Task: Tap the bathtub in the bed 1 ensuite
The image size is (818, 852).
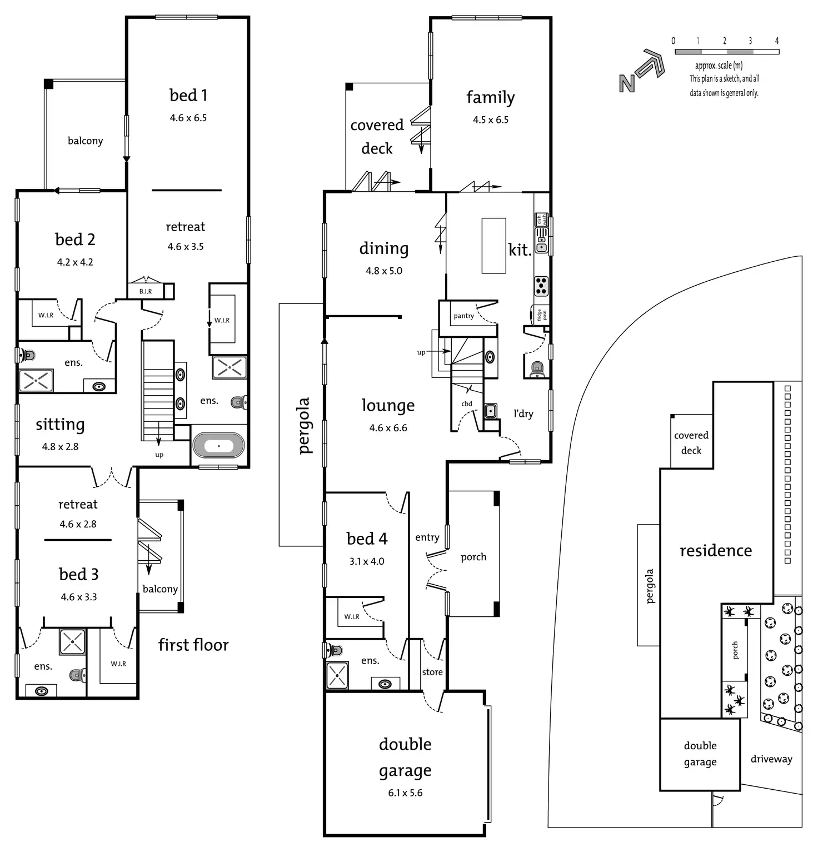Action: pyautogui.click(x=218, y=446)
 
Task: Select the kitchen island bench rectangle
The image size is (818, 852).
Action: pyautogui.click(x=493, y=246)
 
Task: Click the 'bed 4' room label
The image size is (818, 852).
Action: pyautogui.click(x=367, y=539)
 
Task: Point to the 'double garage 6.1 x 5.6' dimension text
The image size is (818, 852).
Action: pyautogui.click(x=405, y=793)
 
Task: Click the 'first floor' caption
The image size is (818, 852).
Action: pyautogui.click(x=193, y=645)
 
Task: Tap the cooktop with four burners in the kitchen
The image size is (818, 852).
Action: pyautogui.click(x=541, y=286)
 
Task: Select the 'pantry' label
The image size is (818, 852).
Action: pyautogui.click(x=463, y=316)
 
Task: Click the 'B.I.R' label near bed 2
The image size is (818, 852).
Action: pyautogui.click(x=146, y=291)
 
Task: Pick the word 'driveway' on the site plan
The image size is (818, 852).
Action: pyautogui.click(x=771, y=759)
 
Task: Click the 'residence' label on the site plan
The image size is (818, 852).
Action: pyautogui.click(x=716, y=550)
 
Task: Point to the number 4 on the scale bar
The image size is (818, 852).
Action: pyautogui.click(x=777, y=41)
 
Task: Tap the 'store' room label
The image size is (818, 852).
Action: pyautogui.click(x=432, y=672)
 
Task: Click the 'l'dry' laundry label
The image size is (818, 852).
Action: pyautogui.click(x=523, y=413)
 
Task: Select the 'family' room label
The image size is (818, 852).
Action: pyautogui.click(x=491, y=97)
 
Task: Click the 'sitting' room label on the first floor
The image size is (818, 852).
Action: pyautogui.click(x=60, y=425)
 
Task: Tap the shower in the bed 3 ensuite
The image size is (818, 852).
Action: pyautogui.click(x=73, y=641)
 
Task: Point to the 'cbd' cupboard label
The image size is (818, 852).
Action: pyautogui.click(x=467, y=403)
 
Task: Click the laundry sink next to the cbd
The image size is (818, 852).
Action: pyautogui.click(x=491, y=411)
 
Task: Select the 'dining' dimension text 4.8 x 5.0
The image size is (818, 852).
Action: pyautogui.click(x=384, y=271)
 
